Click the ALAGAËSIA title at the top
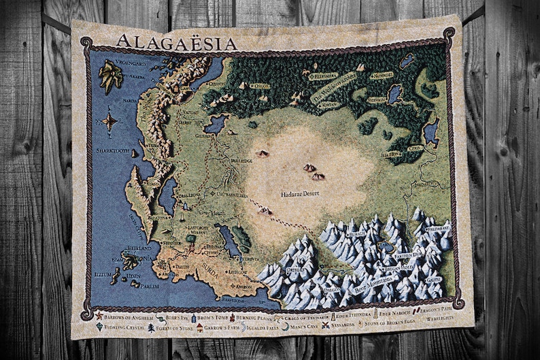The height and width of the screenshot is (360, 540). click(176, 43)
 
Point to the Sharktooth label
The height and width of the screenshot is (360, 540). click(113, 150)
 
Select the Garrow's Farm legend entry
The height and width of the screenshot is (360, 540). click(221, 327)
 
